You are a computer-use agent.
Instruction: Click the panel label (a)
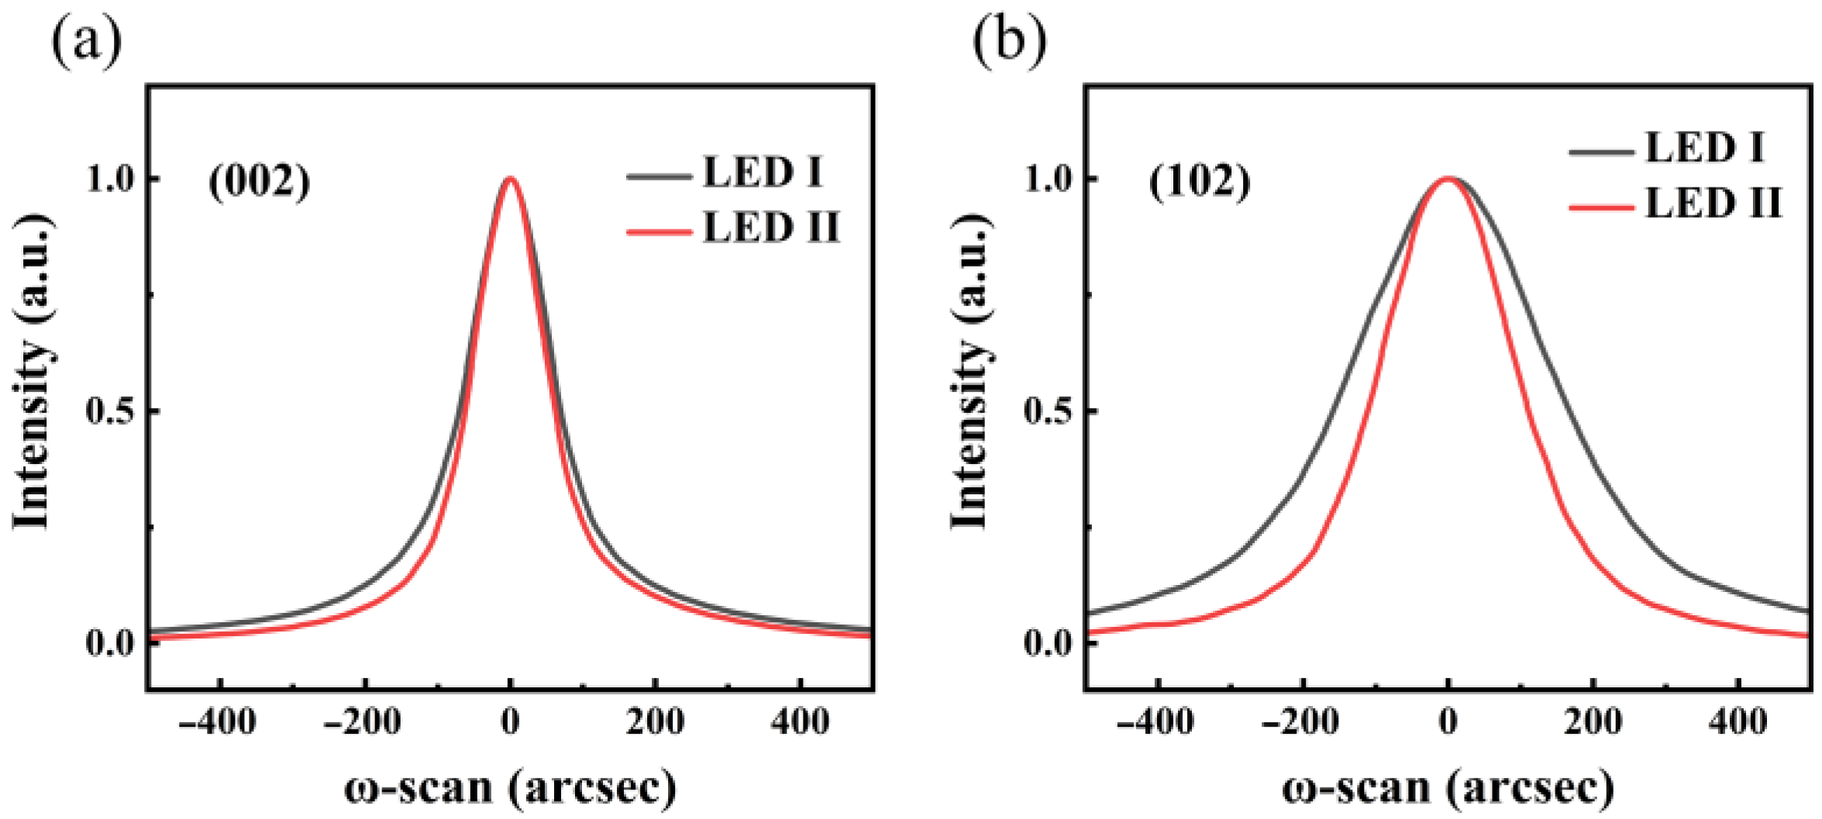click(86, 40)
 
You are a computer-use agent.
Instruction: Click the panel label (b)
click(1009, 40)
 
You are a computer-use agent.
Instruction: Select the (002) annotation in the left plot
click(260, 183)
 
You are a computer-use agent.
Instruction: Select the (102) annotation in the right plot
click(1200, 183)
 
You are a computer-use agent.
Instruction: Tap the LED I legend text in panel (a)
click(763, 172)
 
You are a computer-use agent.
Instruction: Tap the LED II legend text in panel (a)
click(771, 228)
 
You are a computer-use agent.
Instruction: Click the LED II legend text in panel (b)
click(1714, 203)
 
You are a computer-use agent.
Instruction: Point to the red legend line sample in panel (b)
click(1601, 207)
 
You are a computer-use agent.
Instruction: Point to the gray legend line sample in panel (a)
click(659, 177)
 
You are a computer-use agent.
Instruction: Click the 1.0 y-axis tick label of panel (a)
click(110, 179)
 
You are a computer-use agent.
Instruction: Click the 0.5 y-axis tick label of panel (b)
click(1049, 411)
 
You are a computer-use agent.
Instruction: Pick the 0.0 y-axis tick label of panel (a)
click(110, 643)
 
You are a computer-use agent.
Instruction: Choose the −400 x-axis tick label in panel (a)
click(217, 723)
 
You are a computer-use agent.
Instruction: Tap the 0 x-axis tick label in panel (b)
click(1448, 723)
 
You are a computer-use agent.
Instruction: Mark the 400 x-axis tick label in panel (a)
click(800, 723)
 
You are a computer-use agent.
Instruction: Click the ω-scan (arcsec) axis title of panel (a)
click(510, 788)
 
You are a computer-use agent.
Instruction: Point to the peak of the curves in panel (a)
click(509, 179)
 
